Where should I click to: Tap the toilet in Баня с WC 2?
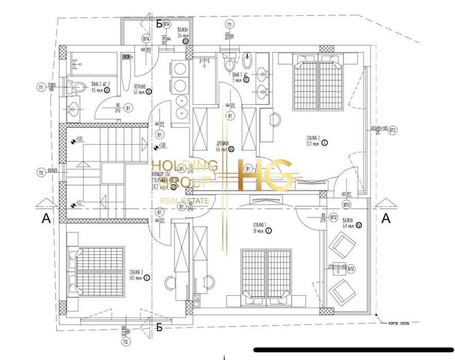point(78,87)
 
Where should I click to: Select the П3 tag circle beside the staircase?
point(41,172)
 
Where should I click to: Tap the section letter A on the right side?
point(386,218)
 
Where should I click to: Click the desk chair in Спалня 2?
point(275,119)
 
